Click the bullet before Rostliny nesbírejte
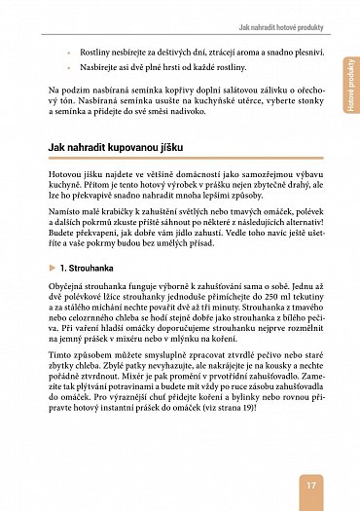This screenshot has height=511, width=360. (x=68, y=49)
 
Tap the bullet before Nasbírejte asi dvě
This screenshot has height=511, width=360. (x=68, y=66)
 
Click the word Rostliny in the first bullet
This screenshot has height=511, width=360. (x=96, y=49)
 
